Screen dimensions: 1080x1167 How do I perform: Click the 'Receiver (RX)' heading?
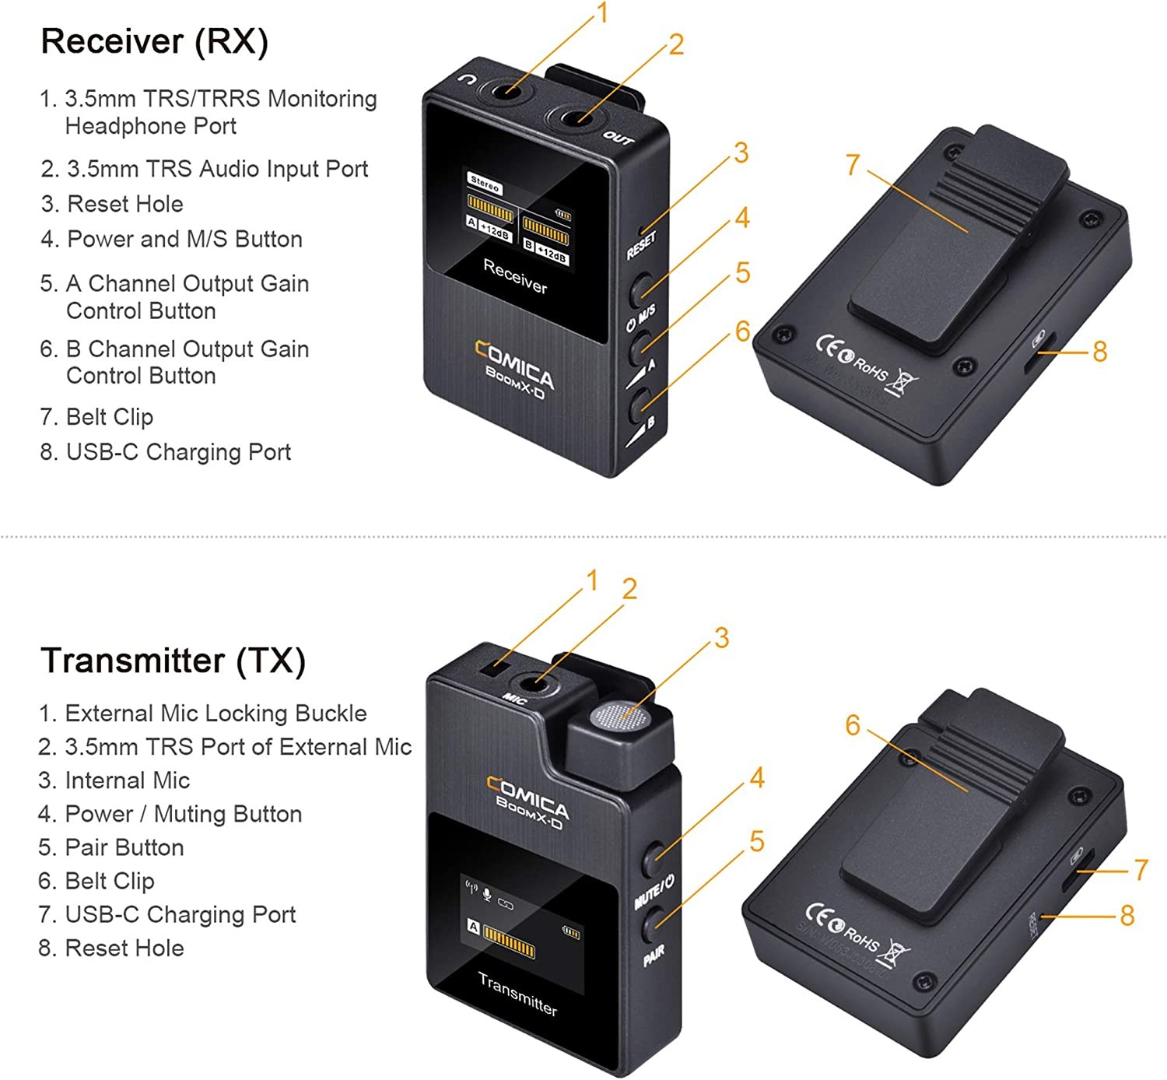(154, 41)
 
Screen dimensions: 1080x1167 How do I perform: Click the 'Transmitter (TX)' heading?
(173, 661)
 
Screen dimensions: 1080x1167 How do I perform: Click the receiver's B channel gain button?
(640, 404)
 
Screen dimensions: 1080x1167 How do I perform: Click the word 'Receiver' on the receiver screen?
(515, 275)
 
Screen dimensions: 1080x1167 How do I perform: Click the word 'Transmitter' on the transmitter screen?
(517, 994)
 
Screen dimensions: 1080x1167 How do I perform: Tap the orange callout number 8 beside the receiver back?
(1099, 352)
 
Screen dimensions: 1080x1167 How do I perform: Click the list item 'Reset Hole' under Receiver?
(125, 204)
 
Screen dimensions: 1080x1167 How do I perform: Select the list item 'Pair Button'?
(124, 847)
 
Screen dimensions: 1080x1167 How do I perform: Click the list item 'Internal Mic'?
(127, 780)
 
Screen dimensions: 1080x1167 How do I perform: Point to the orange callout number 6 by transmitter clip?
(853, 725)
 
